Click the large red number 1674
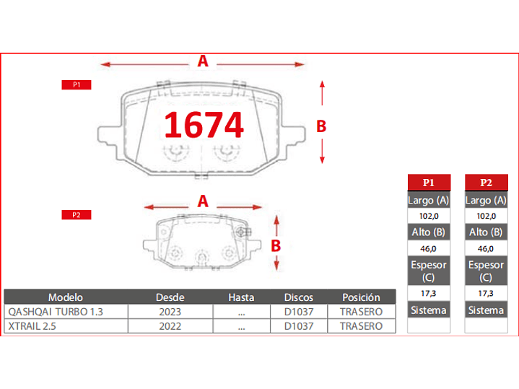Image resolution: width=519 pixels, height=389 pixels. click(x=204, y=125)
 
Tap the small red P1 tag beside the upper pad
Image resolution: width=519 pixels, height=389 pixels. click(x=77, y=85)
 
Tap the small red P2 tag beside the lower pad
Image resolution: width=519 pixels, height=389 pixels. click(x=77, y=215)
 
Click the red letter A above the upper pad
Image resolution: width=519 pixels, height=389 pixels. click(x=203, y=62)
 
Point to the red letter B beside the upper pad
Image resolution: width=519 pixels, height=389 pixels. click(x=321, y=126)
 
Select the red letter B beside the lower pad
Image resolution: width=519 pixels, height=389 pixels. click(x=276, y=245)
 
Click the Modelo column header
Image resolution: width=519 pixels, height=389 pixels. click(x=66, y=297)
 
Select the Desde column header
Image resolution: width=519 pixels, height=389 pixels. click(x=170, y=297)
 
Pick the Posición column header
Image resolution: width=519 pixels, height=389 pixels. click(x=361, y=297)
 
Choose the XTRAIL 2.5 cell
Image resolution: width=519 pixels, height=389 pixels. click(x=34, y=326)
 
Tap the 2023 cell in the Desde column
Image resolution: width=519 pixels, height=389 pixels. click(x=170, y=312)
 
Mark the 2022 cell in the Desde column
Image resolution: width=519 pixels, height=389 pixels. click(x=170, y=326)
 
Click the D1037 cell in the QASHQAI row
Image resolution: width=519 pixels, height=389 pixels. click(x=297, y=312)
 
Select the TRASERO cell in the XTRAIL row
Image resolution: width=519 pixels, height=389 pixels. click(x=361, y=326)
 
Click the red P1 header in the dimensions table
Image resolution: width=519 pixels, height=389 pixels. click(x=429, y=182)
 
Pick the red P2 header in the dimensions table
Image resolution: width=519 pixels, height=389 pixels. click(x=486, y=182)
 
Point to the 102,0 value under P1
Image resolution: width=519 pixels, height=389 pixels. click(x=429, y=216)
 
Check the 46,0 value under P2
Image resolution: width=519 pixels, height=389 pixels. click(x=486, y=248)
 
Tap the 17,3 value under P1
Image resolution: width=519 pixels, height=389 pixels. click(x=429, y=294)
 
